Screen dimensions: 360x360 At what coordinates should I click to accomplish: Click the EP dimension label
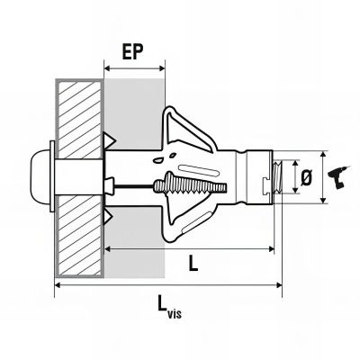pos(134,50)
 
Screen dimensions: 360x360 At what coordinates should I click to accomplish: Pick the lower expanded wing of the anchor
pos(184,221)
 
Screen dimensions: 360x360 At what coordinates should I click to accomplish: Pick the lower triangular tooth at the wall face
pos(112,216)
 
